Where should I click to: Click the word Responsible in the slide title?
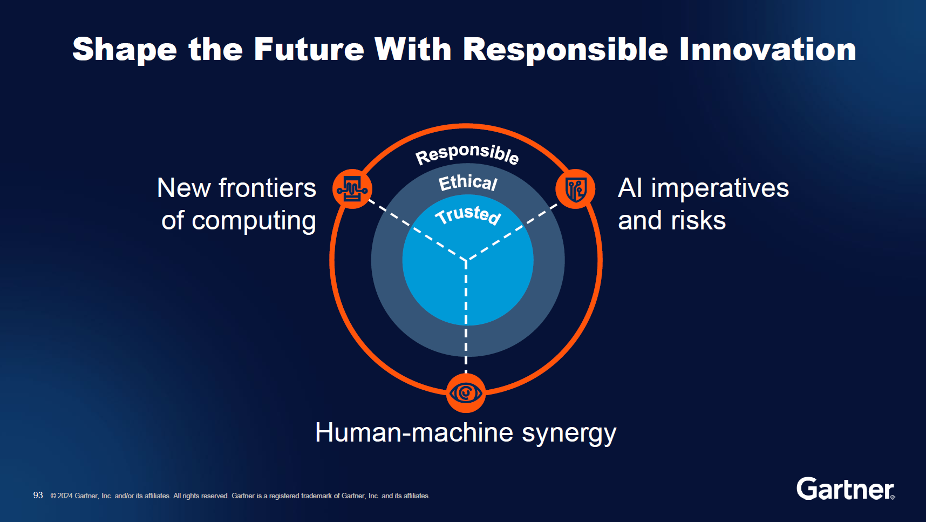click(x=565, y=50)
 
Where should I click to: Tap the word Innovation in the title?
click(x=767, y=50)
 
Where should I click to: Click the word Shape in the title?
click(x=125, y=50)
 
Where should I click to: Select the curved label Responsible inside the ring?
click(x=467, y=153)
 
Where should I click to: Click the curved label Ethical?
click(x=467, y=182)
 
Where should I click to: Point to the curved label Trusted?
click(x=468, y=214)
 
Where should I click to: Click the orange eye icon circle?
click(x=466, y=393)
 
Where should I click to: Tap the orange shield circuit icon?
click(x=575, y=189)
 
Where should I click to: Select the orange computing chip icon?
click(x=352, y=189)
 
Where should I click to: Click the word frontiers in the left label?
click(x=267, y=188)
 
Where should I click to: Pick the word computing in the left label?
click(x=254, y=221)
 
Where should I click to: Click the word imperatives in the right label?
click(x=720, y=188)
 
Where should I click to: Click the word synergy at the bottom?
click(x=569, y=433)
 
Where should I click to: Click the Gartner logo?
click(x=845, y=489)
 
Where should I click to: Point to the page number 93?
click(x=38, y=495)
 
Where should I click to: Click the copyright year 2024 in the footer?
click(x=65, y=496)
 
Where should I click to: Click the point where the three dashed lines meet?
click(x=466, y=260)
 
